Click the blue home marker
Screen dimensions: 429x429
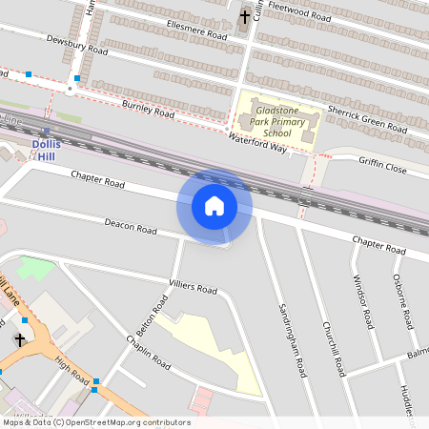pos(214,205)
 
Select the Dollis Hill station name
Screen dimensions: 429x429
pos(48,150)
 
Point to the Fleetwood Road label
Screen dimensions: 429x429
pos(300,14)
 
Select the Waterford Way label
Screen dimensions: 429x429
pos(257,140)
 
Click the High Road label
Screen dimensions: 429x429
pos(71,368)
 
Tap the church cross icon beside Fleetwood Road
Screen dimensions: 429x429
pos(244,16)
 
